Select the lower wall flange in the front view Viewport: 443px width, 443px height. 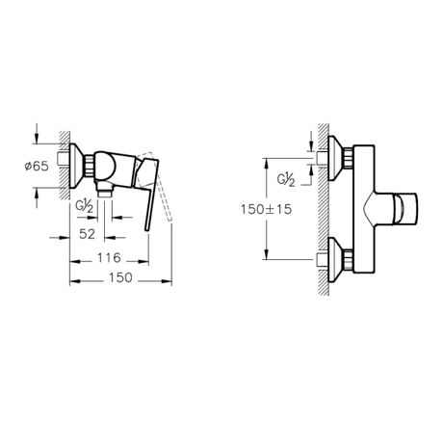337,258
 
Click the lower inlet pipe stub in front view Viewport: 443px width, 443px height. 322,258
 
